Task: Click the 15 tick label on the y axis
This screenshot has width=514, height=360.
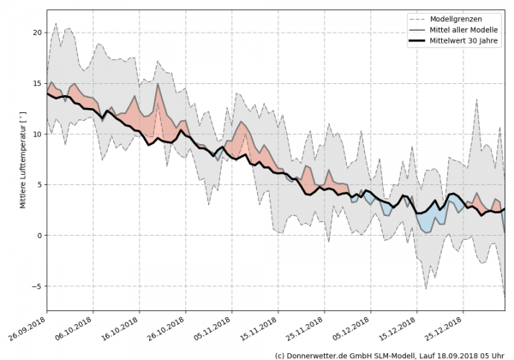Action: click(36, 83)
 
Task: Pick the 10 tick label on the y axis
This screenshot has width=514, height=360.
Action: click(36, 134)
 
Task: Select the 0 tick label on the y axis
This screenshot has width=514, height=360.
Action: click(39, 236)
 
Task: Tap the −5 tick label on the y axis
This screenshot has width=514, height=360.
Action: click(36, 286)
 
